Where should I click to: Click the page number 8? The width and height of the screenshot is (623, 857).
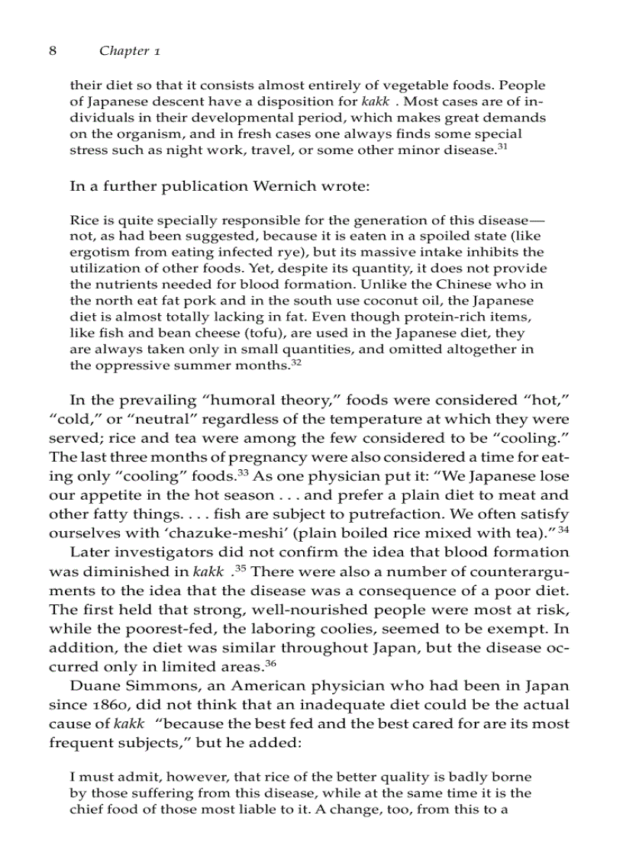coord(53,51)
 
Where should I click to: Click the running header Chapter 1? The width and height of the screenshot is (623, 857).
coord(129,51)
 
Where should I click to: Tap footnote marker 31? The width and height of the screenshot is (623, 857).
coord(502,146)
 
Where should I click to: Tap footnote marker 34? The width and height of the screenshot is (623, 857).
coord(563,529)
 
